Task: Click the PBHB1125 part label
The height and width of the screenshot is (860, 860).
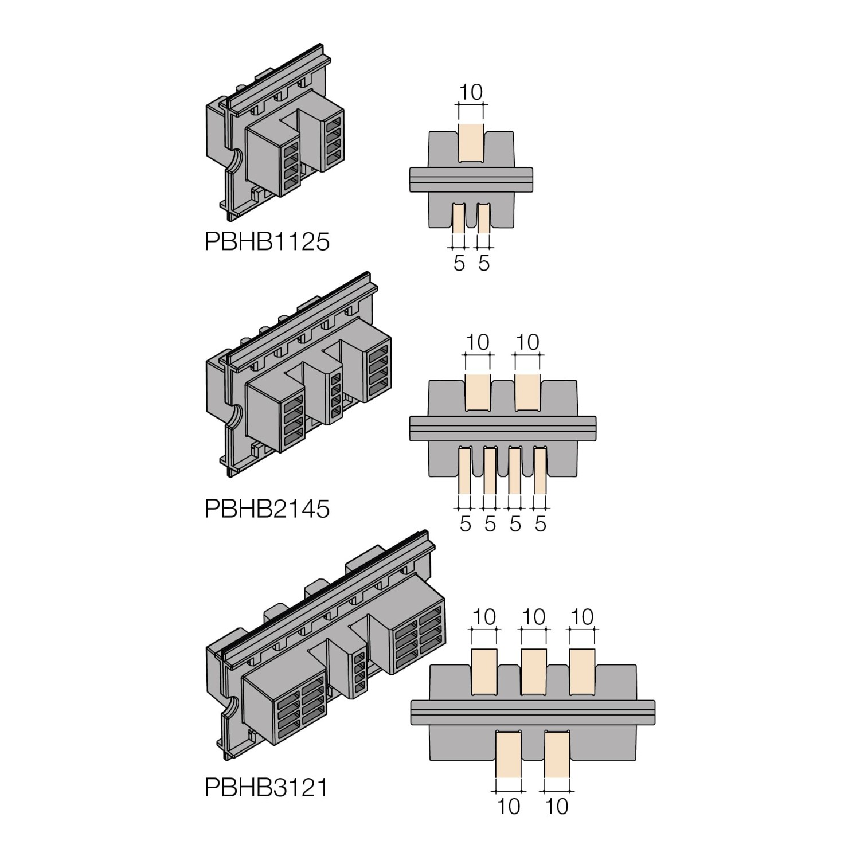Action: coord(267,241)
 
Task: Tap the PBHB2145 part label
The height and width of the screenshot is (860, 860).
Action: coord(267,509)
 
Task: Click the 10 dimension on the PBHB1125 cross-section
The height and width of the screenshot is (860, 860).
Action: coord(471,92)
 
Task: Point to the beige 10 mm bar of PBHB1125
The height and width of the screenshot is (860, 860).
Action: coord(471,143)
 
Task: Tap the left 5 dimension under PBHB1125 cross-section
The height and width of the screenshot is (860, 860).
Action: coord(459,263)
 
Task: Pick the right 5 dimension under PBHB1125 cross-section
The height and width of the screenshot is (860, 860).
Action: coord(484,263)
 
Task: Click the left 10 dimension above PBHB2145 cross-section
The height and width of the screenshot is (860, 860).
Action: coord(478,342)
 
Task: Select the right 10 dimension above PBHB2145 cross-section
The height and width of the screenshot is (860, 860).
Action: coord(527,342)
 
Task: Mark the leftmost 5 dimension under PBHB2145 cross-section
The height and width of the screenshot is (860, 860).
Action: coord(465,523)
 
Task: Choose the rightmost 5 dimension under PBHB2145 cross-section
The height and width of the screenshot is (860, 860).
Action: coord(540,523)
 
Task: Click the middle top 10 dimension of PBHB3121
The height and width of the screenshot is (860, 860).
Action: coord(534,617)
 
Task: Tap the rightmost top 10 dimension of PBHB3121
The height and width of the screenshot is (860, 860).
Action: coord(583,617)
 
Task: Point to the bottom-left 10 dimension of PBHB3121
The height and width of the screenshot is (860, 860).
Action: coord(509,806)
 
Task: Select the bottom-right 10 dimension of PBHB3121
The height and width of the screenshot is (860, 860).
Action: coord(557,806)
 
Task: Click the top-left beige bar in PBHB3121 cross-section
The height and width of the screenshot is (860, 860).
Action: coord(484,672)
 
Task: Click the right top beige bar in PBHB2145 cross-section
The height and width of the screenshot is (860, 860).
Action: coord(527,392)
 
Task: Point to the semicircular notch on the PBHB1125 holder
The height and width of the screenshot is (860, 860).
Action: coord(234,161)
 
